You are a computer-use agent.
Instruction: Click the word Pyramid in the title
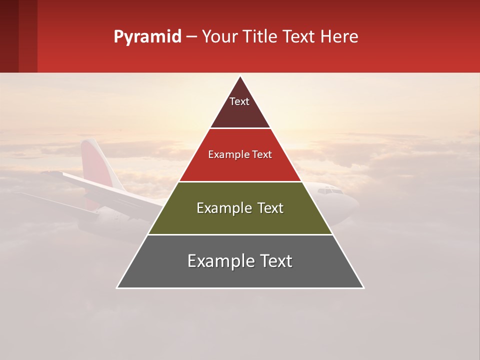147,36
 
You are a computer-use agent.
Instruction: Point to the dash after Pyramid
191,36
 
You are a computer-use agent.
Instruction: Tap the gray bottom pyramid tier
240,275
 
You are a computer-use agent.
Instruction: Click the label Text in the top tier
239,101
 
